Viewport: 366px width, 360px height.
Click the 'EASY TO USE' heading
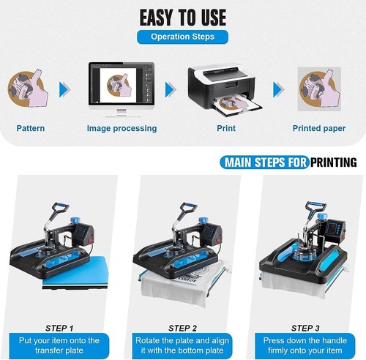pos(182,16)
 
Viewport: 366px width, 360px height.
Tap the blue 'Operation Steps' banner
pos(182,36)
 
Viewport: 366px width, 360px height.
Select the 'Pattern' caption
pos(30,128)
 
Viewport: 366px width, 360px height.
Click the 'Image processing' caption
pos(122,128)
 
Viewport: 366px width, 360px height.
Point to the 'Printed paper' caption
pos(319,128)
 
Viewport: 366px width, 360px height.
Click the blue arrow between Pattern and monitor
pos(65,90)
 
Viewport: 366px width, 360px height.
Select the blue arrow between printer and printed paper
pos(278,90)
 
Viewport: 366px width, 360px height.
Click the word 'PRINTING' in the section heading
pos(333,162)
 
